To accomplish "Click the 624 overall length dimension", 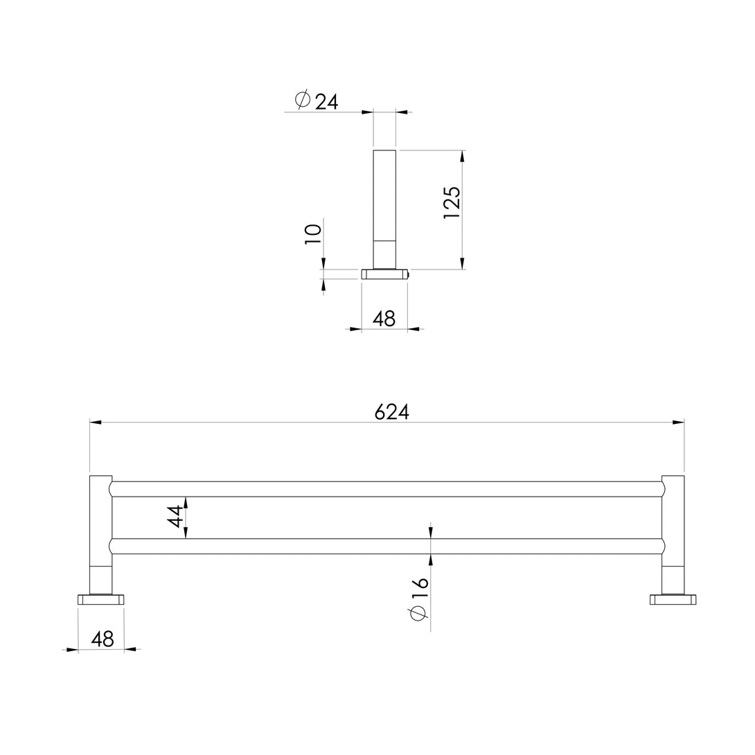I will (392, 412).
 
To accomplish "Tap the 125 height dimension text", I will (452, 202).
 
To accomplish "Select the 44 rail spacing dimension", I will (175, 516).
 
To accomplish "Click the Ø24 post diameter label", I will (318, 101).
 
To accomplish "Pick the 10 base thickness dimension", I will (313, 233).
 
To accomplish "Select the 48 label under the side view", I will (384, 319).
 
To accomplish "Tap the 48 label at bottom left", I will (103, 639).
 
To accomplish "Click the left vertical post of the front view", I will (100, 533).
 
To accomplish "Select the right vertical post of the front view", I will (673, 533).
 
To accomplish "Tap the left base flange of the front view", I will (100, 599).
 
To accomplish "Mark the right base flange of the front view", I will (673, 599).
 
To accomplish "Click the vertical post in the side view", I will (384, 208).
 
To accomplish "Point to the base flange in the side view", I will (384, 274).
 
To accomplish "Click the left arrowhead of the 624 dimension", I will (96, 422).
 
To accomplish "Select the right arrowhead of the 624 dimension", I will (678, 422).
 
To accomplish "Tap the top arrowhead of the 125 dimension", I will (462, 156).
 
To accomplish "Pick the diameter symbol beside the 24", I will (303, 100).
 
